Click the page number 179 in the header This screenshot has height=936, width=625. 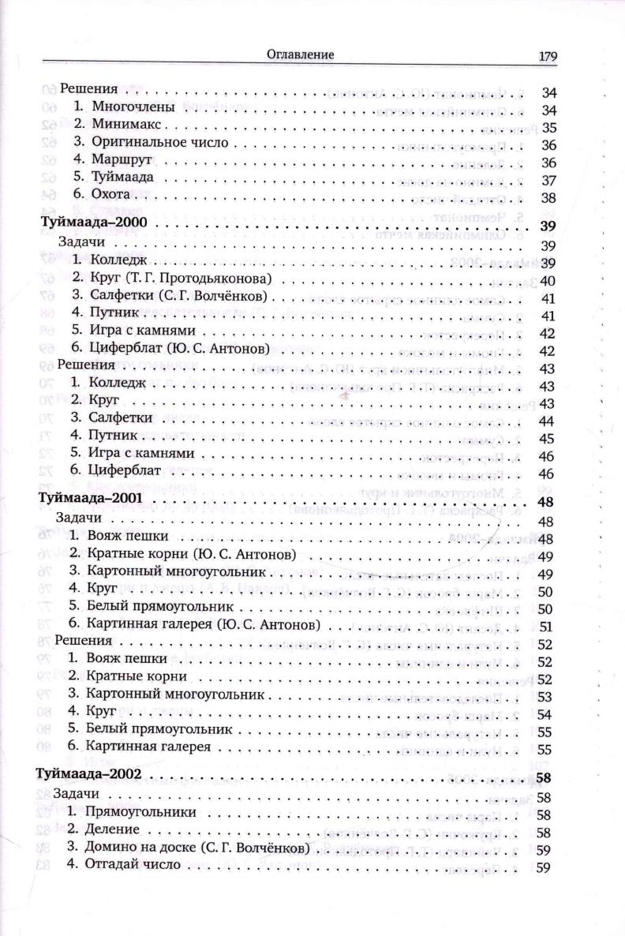pos(548,56)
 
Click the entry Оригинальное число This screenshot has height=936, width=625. pos(159,143)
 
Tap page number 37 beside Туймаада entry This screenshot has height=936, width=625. pos(549,180)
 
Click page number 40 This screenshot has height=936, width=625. pos(549,280)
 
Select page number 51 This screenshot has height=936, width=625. pos(548,627)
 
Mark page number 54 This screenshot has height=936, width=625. pos(548,715)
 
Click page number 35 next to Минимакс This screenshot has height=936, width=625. pos(549,127)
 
